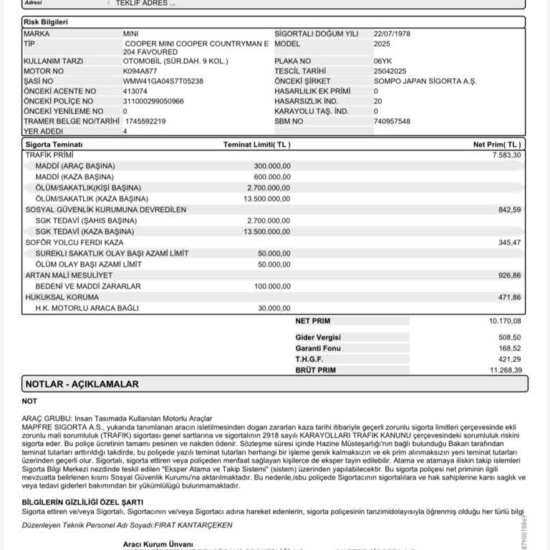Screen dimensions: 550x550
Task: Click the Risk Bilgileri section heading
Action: [x=46, y=22]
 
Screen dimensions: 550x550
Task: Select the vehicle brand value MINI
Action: [x=130, y=34]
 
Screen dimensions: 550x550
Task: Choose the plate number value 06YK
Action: [x=383, y=62]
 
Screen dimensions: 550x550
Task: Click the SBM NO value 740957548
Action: [x=392, y=121]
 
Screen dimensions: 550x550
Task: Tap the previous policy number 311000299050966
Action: [x=153, y=101]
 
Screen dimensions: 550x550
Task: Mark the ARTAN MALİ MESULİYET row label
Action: [x=69, y=275]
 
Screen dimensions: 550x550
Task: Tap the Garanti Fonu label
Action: [x=317, y=347]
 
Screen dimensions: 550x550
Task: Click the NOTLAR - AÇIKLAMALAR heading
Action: [x=82, y=384]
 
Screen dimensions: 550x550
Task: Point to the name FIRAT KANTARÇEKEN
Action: [x=191, y=525]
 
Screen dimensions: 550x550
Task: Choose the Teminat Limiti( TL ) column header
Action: [x=257, y=145]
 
